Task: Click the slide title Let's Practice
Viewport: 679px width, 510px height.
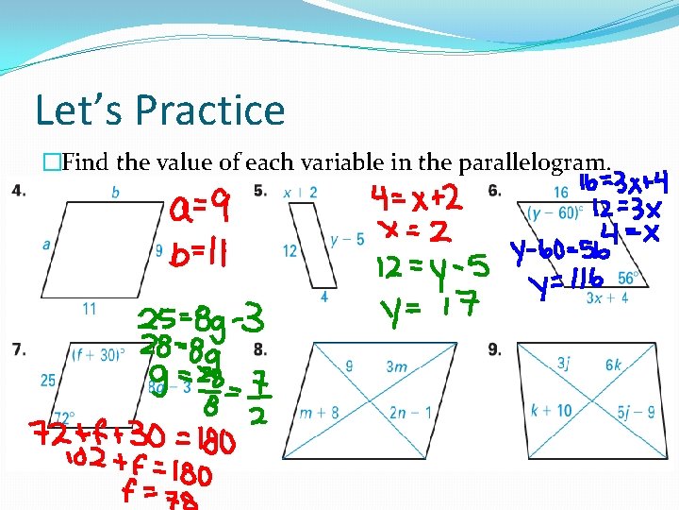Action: tap(159, 110)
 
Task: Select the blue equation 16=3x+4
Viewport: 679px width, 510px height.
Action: tap(625, 180)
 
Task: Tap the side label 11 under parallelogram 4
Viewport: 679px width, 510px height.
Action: tap(89, 308)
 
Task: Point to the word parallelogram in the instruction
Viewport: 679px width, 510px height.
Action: tap(538, 162)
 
